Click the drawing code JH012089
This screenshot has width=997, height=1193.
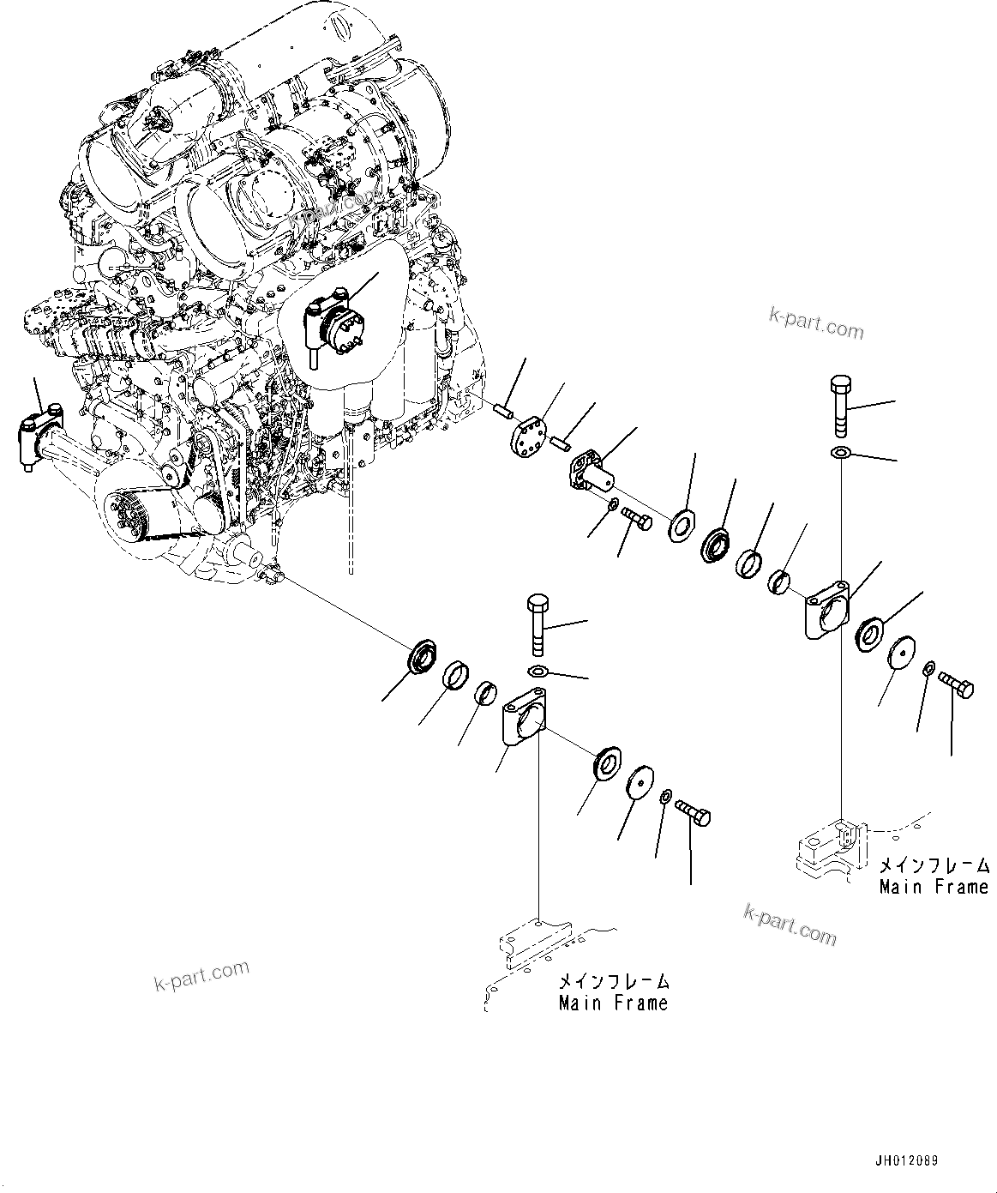906,1145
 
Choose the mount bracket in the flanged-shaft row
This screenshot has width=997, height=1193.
827,609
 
